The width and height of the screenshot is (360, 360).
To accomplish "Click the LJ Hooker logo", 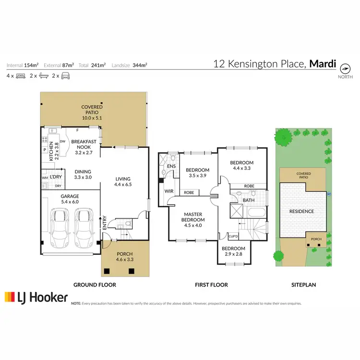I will [36, 298].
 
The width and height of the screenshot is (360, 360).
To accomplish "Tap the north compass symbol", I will [345, 67].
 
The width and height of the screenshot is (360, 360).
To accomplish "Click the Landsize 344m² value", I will [140, 65].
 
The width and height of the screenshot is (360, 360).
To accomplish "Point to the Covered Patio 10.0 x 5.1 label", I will [92, 111].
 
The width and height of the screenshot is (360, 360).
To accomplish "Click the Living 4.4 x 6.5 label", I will [123, 180].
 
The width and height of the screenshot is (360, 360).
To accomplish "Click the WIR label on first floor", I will [168, 191].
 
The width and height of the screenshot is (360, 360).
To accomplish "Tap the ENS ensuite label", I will [170, 167].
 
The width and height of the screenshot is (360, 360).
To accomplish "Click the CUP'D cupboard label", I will [233, 236].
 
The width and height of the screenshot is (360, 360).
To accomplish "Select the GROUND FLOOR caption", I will [95, 285].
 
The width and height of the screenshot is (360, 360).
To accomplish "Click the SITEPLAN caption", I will [303, 285].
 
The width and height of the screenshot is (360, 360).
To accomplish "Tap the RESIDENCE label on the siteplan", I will [301, 211].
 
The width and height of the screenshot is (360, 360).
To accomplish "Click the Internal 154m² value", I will [31, 65].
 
